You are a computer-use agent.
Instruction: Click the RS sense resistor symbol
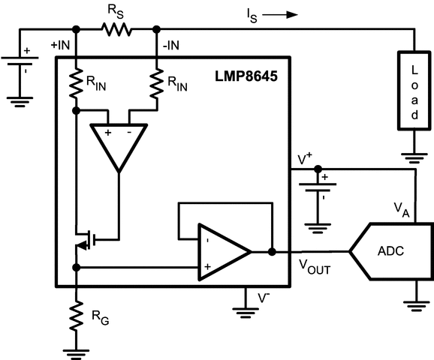(116, 29)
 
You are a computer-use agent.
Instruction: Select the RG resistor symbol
(76, 316)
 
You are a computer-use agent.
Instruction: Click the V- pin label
(265, 297)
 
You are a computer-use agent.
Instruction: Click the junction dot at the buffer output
(271, 251)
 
